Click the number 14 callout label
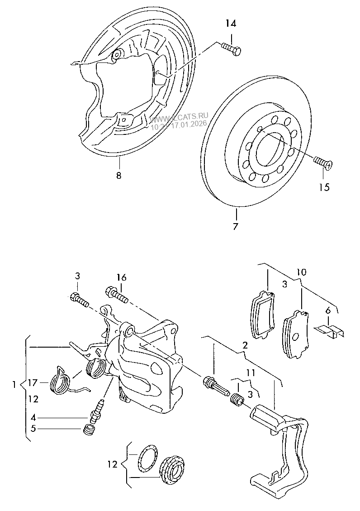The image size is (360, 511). pyautogui.click(x=230, y=24)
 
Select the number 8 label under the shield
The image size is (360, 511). pyautogui.click(x=118, y=176)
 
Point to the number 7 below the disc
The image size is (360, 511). pyautogui.click(x=235, y=226)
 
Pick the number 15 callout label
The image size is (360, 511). pyautogui.click(x=324, y=186)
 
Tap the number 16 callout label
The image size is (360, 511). pyautogui.click(x=121, y=277)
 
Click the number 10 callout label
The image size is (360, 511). pyautogui.click(x=301, y=272)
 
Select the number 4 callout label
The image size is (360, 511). pyautogui.click(x=33, y=418)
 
